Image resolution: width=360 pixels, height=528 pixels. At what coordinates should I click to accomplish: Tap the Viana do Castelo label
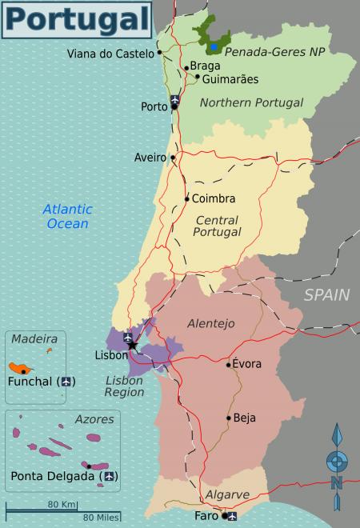tap(110, 54)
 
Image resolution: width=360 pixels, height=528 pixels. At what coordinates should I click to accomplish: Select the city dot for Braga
tap(186, 67)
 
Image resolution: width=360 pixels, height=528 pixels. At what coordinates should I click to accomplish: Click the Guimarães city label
tap(230, 79)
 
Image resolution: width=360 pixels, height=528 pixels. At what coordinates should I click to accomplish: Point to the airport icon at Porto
tap(175, 101)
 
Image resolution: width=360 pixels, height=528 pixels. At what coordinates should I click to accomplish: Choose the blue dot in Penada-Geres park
tap(214, 47)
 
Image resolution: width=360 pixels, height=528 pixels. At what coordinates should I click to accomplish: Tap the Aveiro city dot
tap(173, 158)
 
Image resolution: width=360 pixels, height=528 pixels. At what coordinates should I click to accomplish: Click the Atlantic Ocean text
tap(67, 216)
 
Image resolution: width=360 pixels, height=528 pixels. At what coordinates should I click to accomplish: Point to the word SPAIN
tap(326, 295)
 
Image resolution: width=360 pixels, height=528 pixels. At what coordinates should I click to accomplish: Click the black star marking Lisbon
tap(133, 346)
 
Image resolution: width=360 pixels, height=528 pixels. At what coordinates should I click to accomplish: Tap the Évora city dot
tap(229, 365)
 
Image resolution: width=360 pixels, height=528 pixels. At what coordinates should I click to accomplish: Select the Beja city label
tap(246, 418)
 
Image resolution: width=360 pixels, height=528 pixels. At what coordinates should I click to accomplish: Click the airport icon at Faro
tap(230, 515)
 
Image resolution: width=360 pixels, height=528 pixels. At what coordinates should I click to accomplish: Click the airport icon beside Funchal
tap(66, 381)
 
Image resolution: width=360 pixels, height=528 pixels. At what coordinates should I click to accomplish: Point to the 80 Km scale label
tap(61, 504)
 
